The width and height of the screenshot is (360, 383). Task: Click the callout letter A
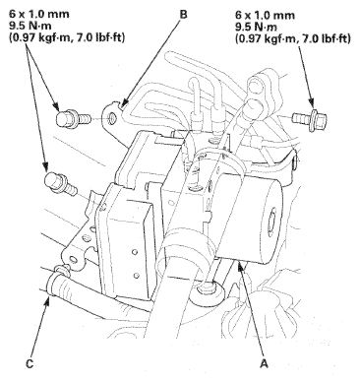[x=264, y=363]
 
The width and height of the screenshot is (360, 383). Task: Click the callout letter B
[x=184, y=15]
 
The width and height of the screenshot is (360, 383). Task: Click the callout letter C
[x=30, y=364]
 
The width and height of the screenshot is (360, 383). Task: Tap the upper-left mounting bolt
[x=73, y=118]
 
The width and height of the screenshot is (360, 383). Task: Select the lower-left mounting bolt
[x=61, y=184]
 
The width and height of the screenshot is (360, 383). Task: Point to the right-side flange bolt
[x=304, y=119]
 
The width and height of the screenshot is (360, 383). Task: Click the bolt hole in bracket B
[x=112, y=117]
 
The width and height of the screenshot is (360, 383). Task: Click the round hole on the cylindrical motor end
[x=271, y=223]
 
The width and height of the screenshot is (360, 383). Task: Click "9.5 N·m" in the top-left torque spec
[x=29, y=27]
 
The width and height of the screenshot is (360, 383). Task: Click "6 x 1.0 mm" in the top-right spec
[x=265, y=15]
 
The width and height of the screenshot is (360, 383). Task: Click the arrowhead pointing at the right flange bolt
[x=310, y=103]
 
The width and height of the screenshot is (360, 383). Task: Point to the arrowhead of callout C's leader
[x=48, y=300]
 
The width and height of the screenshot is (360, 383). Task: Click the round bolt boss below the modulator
[x=210, y=291]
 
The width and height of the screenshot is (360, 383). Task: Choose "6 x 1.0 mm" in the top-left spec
[x=38, y=15]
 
